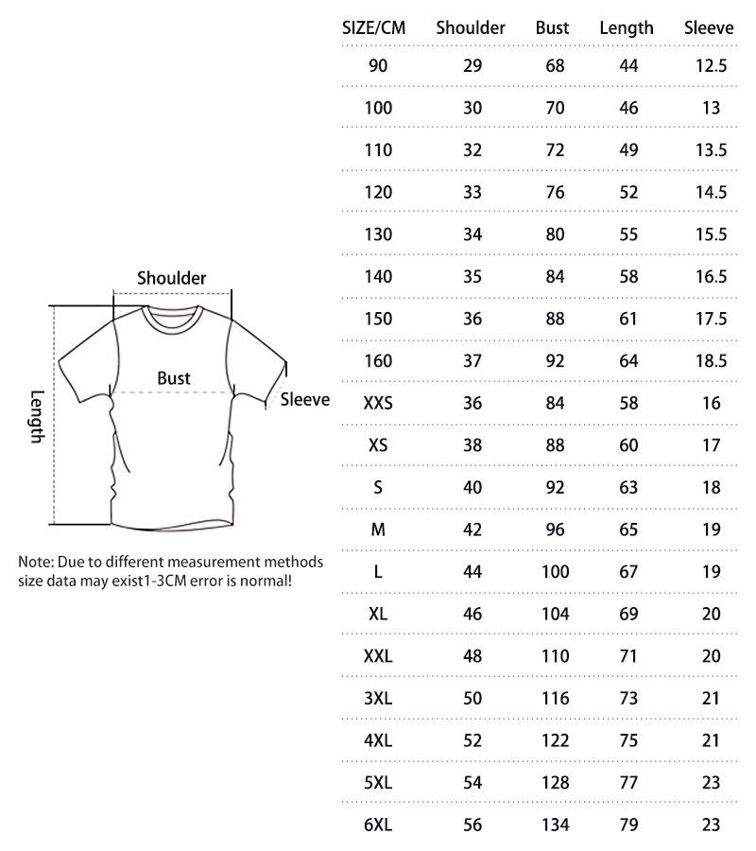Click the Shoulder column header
coord(471,27)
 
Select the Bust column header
coord(552,27)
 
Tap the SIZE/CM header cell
coord(373,27)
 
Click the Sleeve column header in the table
coord(709,27)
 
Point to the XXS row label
coord(378,403)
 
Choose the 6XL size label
coord(378,825)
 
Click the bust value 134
coord(556,825)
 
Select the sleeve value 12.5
coord(711,66)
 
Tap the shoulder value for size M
coord(472,530)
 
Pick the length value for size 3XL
coord(629,698)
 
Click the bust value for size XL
coord(556,614)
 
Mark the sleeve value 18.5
coord(711,360)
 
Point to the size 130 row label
coord(378,234)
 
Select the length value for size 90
coord(629,66)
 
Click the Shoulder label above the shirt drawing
coord(171,278)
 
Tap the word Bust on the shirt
coord(174,378)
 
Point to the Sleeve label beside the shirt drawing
coord(305,400)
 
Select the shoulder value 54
coord(472,782)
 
